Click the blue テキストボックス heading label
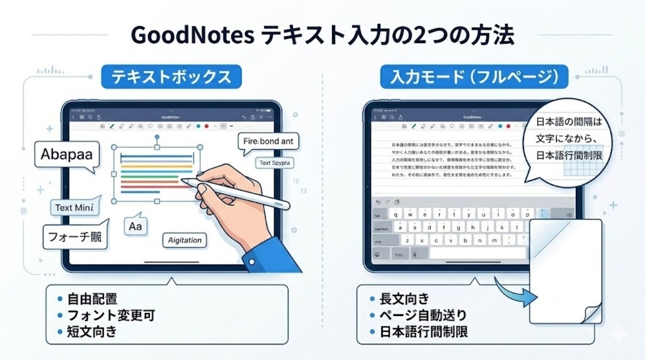171,77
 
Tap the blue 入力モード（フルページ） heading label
474,77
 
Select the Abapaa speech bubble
66,154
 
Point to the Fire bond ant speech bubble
268,141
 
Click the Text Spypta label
275,163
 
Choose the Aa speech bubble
135,226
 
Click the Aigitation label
184,240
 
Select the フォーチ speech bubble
75,235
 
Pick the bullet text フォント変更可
111,316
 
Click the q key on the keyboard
396,214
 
